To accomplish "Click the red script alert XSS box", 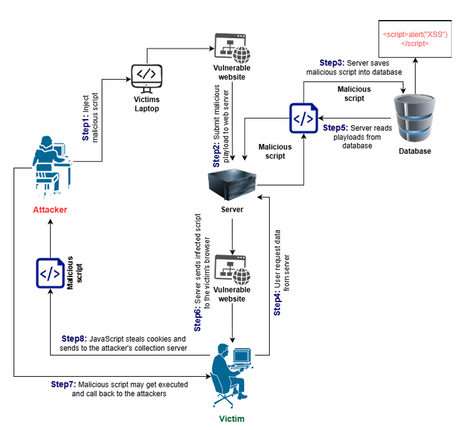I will pyautogui.click(x=415, y=39).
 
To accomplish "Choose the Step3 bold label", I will pyautogui.click(x=334, y=63).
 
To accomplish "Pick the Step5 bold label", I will pyautogui.click(x=336, y=127).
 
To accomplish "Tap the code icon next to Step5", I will pyautogui.click(x=301, y=118).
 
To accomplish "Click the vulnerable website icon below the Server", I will pyautogui.click(x=232, y=267).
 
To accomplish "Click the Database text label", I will pyautogui.click(x=415, y=151).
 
